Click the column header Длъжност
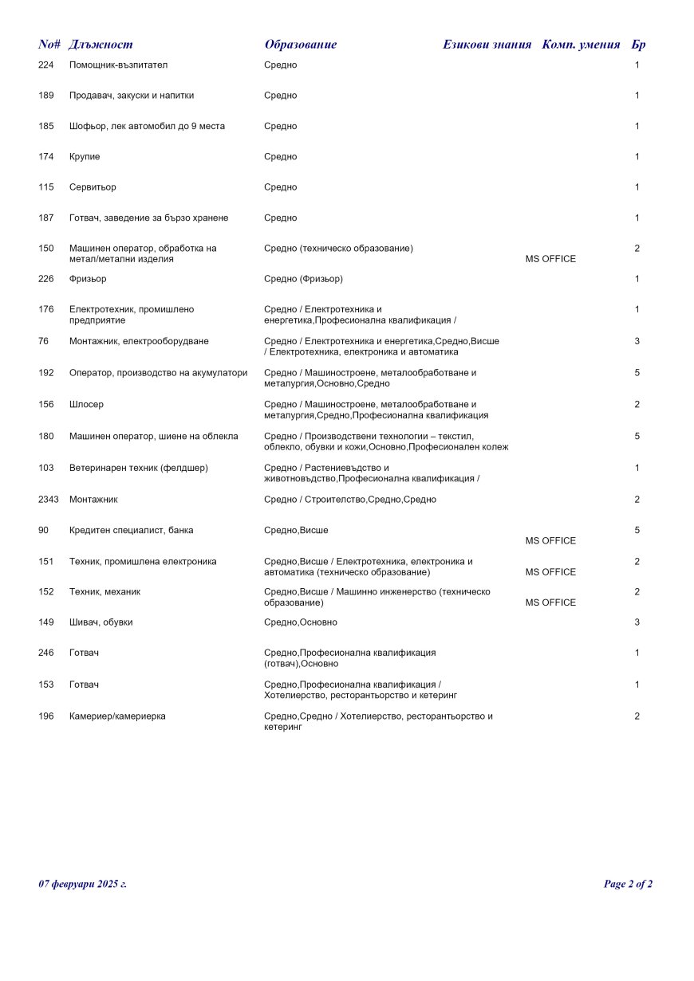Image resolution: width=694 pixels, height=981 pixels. tap(101, 45)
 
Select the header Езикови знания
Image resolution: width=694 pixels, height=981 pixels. tap(487, 45)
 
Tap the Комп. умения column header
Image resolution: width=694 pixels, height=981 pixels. tap(581, 45)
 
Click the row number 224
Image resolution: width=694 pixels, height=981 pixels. tap(46, 65)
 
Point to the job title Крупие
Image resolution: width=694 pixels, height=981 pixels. tap(85, 157)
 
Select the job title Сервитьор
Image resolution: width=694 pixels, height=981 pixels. tap(93, 187)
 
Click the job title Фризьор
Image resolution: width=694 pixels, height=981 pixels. tap(88, 279)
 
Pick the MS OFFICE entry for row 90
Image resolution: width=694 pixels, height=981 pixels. tap(550, 541)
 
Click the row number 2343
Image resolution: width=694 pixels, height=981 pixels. tap(49, 500)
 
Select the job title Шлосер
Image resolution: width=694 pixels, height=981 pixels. tap(86, 405)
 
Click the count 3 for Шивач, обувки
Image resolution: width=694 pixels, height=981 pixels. tap(637, 622)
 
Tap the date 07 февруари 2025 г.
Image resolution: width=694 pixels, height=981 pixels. tap(82, 884)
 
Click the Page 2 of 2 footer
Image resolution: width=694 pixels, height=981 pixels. tap(628, 884)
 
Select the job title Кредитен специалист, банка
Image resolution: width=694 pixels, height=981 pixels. tap(131, 531)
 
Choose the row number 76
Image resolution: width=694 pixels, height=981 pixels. tap(43, 341)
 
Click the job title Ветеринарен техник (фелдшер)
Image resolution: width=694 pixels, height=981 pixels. tap(138, 468)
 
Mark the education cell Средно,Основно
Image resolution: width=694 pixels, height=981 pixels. tap(300, 622)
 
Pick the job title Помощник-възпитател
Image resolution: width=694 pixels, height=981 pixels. tap(118, 65)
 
